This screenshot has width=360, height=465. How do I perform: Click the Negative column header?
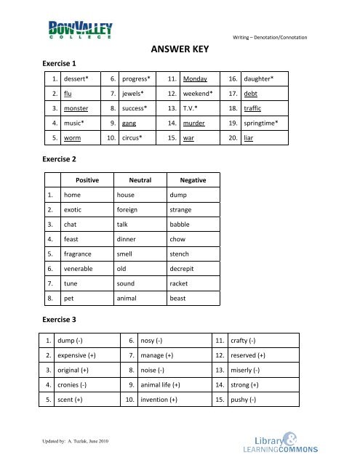188,180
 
